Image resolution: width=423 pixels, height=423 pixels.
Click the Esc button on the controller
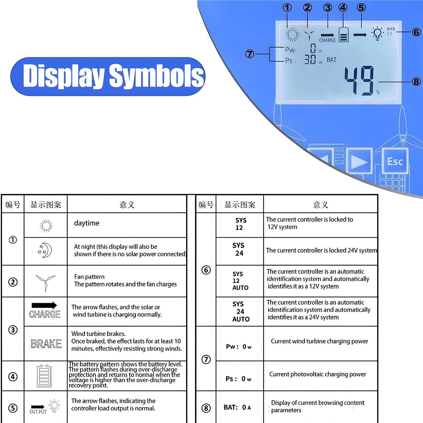click(x=395, y=162)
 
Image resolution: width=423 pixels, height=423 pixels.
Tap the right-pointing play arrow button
click(x=359, y=162)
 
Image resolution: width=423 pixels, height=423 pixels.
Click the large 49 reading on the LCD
click(x=359, y=81)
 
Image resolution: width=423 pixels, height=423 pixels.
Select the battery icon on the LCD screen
click(x=343, y=34)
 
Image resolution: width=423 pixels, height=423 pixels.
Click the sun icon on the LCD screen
click(x=292, y=35)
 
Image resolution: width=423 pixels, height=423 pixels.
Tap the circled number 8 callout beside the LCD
click(x=416, y=82)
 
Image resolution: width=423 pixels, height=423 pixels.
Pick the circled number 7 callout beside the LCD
click(x=250, y=54)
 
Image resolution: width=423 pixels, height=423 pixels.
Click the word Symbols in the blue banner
click(x=156, y=76)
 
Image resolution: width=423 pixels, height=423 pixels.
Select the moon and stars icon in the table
click(x=45, y=250)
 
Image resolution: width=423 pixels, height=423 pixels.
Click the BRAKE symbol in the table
click(x=46, y=344)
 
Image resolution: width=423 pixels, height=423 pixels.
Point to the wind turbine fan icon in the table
click(x=46, y=282)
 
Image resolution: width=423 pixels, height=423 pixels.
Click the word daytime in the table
click(x=87, y=223)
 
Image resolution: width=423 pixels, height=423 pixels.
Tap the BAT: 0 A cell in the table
click(x=237, y=407)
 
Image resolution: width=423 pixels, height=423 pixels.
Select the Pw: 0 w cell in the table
click(x=239, y=347)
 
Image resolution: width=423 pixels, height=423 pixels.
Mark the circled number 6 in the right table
click(x=206, y=270)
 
